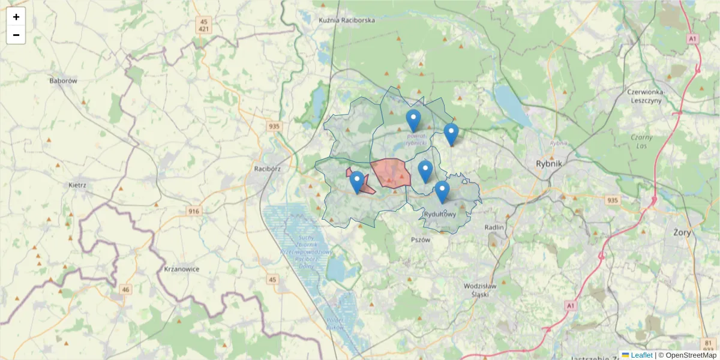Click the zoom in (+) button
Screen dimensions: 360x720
16,17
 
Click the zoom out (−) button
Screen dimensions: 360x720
16,35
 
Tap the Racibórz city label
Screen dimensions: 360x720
268,169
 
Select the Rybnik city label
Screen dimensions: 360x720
549,163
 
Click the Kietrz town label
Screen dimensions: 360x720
78,185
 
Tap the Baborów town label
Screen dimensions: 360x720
64,80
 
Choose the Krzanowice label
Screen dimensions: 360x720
181,269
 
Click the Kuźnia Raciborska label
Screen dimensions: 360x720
347,20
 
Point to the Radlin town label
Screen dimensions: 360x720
495,227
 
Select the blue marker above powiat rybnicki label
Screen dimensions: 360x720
413,120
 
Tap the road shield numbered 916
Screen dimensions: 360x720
194,211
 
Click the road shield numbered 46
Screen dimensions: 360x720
125,290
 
